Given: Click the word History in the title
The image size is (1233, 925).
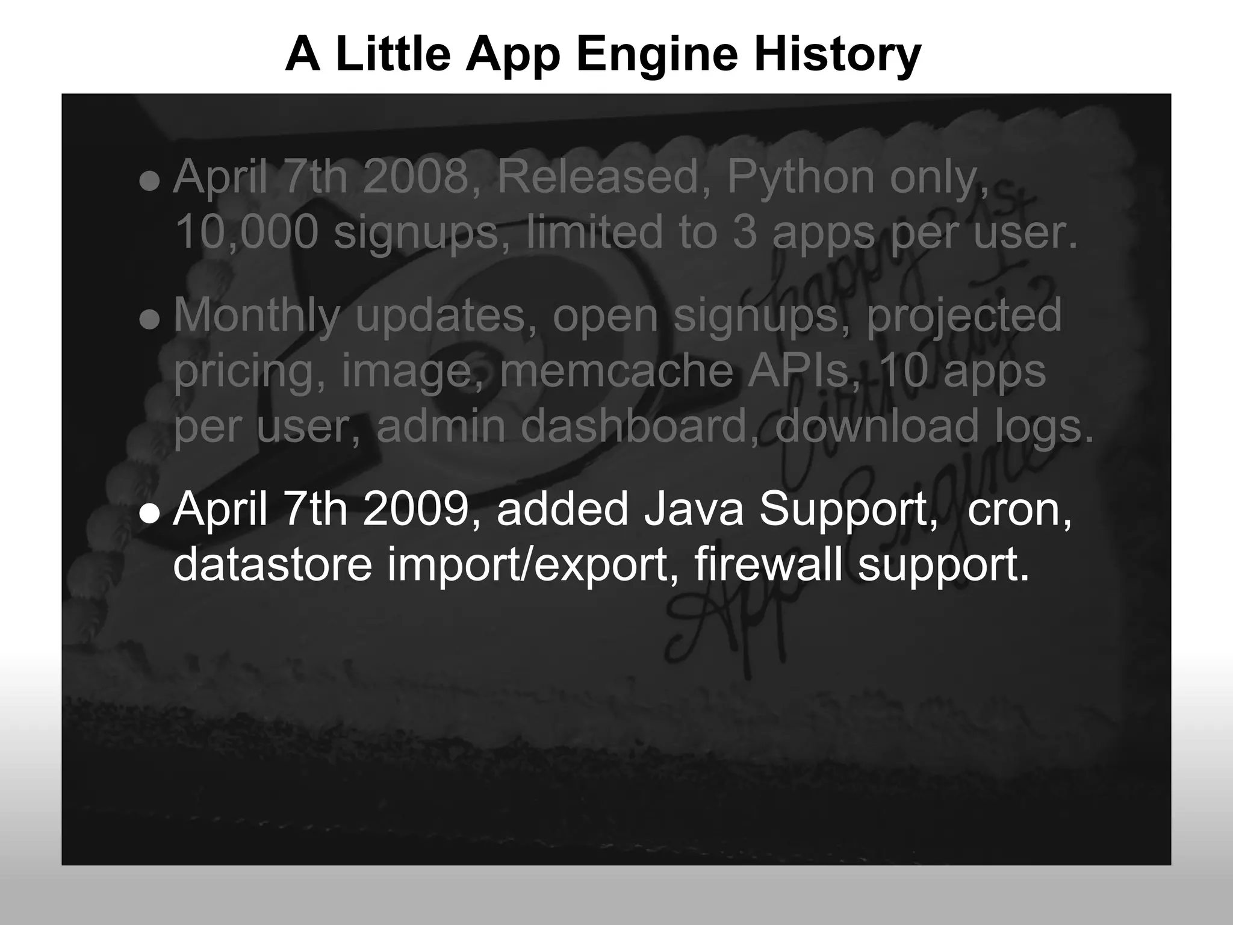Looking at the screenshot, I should (837, 54).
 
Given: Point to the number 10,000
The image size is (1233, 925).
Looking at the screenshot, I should (246, 232).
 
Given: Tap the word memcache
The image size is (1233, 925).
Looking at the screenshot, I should (616, 370).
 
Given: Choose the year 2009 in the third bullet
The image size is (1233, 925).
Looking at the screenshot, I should (416, 509).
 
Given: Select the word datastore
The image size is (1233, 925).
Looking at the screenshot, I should (273, 564).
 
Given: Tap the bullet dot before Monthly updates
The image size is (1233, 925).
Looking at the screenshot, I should (149, 320).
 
